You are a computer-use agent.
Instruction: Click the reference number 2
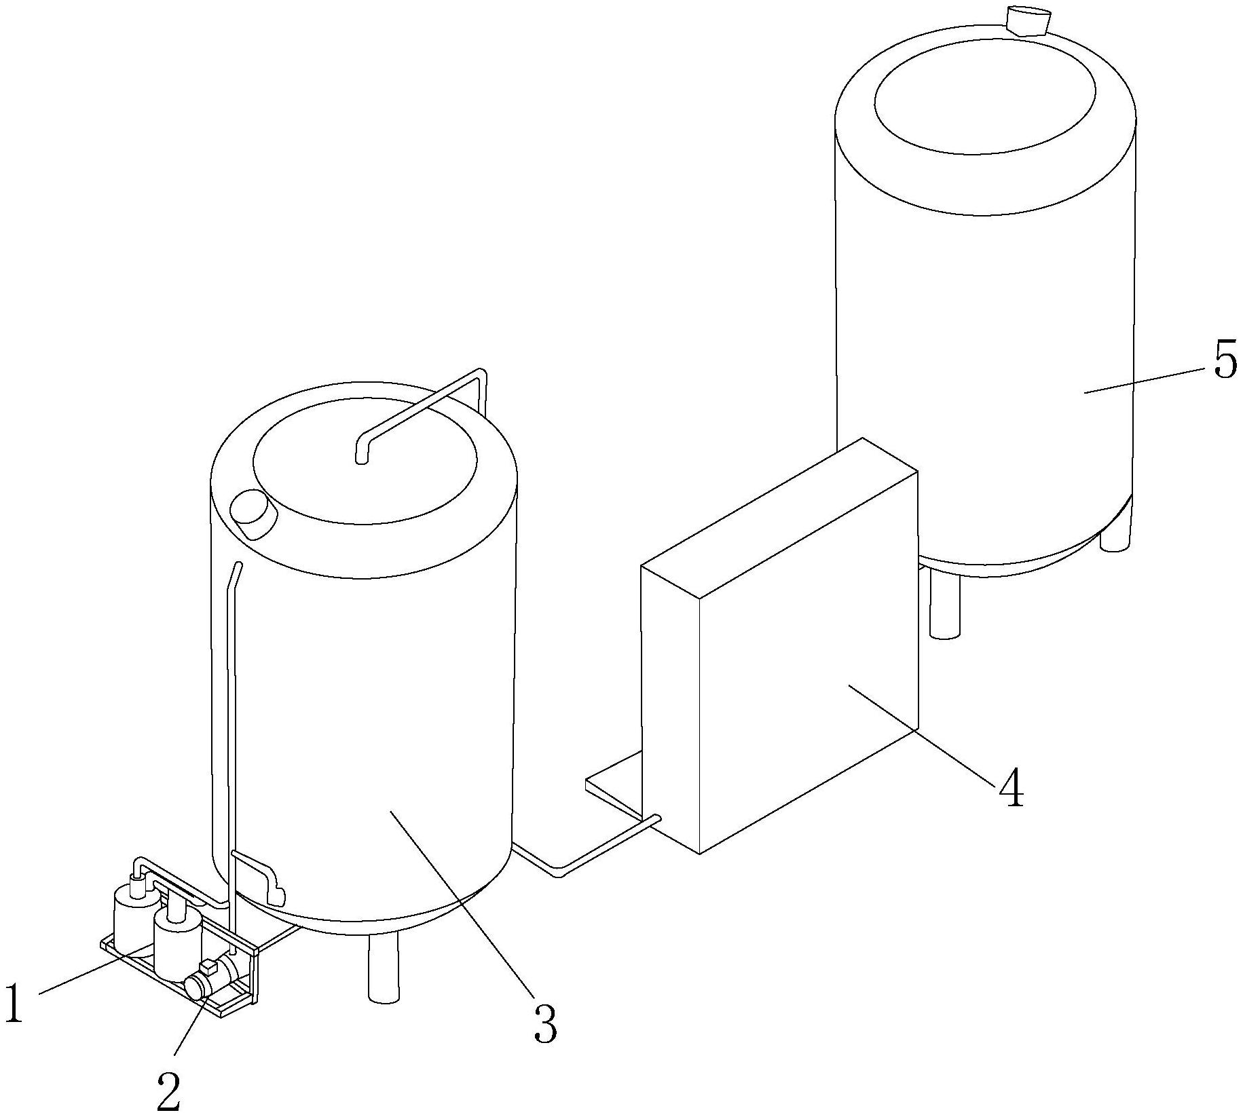coord(168,1091)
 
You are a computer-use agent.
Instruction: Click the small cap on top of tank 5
coord(1026,20)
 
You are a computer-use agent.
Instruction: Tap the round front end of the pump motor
coord(198,986)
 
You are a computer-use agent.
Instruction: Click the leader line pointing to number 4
coord(923,736)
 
